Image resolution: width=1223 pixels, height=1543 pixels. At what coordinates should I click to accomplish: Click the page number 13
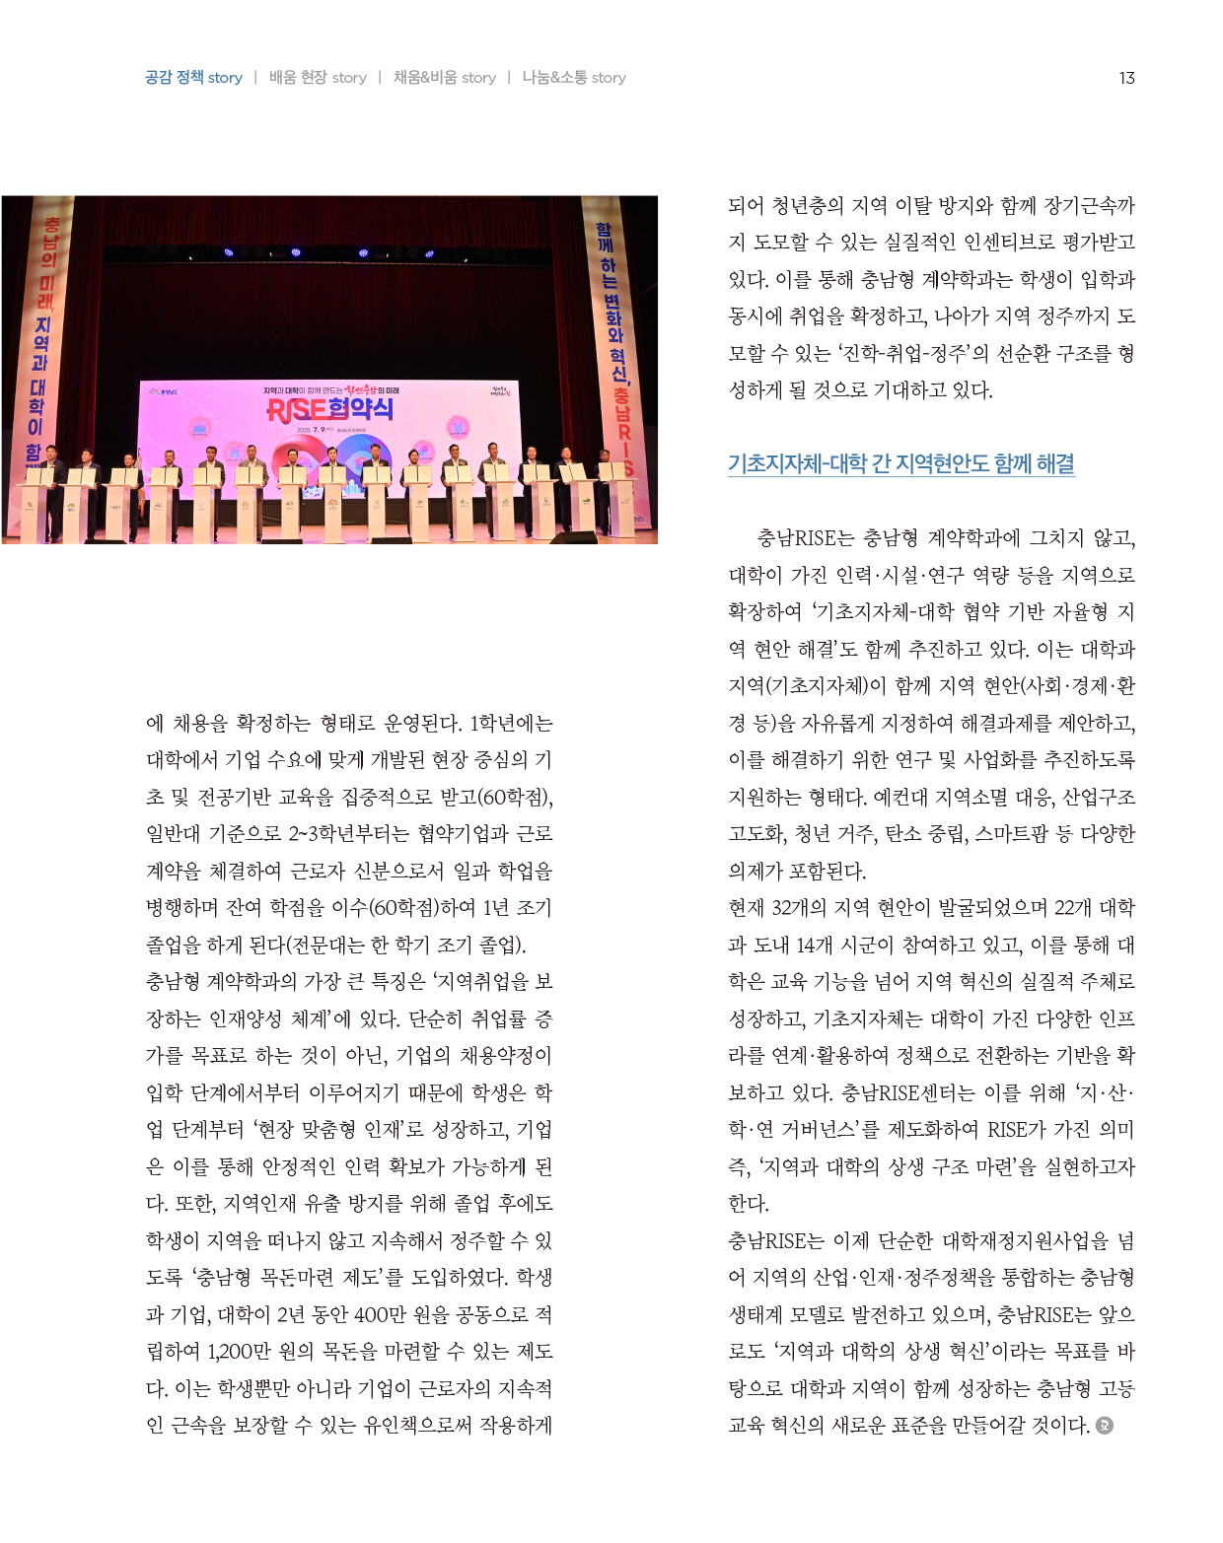(x=1126, y=78)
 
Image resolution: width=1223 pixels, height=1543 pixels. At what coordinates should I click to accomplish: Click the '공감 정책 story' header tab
(x=193, y=78)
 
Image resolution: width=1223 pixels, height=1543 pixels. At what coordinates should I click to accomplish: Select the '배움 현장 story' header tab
(x=318, y=78)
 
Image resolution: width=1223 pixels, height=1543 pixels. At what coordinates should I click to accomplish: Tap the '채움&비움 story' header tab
(x=444, y=78)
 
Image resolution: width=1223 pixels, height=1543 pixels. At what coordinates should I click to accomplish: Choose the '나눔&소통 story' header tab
(x=574, y=78)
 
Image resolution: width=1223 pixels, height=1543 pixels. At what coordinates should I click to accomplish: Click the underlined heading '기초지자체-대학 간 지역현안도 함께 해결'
(x=900, y=463)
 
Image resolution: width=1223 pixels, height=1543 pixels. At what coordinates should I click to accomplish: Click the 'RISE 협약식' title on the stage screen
(x=329, y=409)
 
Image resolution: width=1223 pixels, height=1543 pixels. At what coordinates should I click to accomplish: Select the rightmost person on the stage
(x=603, y=463)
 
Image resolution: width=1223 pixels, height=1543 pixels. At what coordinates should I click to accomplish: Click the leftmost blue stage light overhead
(x=229, y=252)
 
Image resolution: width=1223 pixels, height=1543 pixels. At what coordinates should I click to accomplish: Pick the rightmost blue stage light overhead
(x=429, y=253)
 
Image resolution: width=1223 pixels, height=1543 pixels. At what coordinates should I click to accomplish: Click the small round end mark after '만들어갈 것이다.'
(x=1105, y=1426)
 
